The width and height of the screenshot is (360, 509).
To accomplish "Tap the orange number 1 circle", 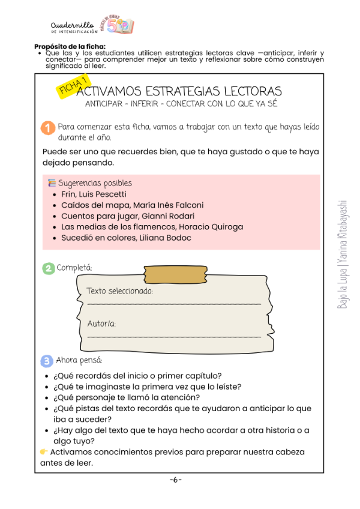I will tap(49, 128).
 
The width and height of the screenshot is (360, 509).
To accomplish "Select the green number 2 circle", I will tap(49, 268).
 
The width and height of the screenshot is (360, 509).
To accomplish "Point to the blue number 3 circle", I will tap(47, 361).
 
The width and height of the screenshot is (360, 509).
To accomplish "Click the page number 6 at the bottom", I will tap(176, 480).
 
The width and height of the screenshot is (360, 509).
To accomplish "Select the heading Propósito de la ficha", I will tap(70, 46).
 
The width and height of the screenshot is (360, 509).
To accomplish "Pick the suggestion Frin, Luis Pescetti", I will tap(94, 194).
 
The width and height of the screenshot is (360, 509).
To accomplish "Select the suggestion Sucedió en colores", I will tap(100, 238).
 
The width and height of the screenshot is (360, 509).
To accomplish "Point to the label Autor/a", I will tap(101, 324).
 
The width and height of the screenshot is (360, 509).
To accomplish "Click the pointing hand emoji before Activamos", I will tap(44, 452).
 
